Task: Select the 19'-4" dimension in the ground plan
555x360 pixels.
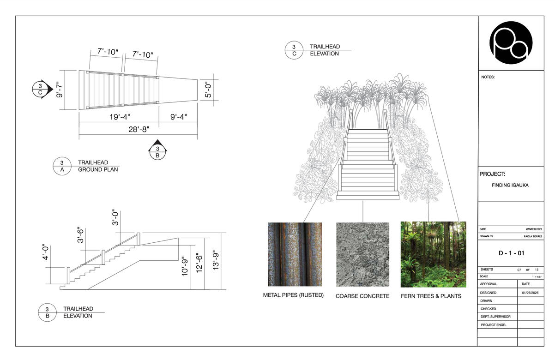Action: pos(120,117)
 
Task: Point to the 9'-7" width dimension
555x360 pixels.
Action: pos(59,90)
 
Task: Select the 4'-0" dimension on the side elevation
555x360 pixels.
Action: pos(46,252)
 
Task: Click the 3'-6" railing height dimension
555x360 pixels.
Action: pos(81,235)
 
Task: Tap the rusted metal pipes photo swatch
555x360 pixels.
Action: pos(295,254)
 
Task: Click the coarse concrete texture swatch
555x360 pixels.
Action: pos(362,254)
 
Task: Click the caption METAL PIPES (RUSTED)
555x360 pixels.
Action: pos(293,295)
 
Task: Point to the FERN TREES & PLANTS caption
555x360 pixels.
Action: pos(431,296)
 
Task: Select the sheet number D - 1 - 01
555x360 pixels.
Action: pos(511,253)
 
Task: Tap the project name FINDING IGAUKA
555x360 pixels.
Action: pos(510,185)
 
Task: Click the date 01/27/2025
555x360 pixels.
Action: pos(531,293)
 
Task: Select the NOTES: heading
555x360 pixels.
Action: pos(488,77)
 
